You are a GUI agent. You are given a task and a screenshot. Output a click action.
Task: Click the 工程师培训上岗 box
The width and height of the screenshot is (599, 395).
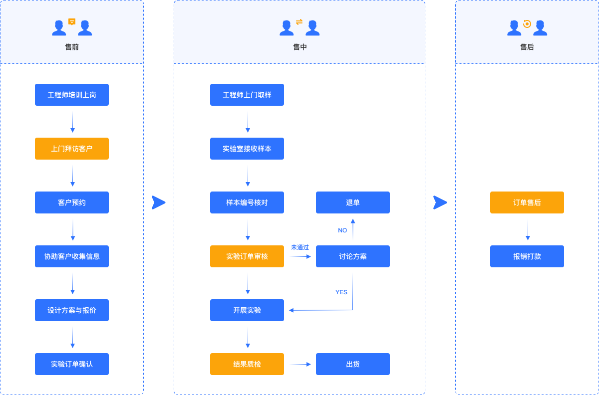pos(72,95)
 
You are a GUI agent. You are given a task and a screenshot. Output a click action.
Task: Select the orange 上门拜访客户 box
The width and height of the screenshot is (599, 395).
pos(72,149)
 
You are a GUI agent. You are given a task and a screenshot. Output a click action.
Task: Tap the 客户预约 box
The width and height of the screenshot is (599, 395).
pos(72,202)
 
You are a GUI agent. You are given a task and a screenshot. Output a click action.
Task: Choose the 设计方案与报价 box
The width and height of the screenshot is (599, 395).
pos(72,310)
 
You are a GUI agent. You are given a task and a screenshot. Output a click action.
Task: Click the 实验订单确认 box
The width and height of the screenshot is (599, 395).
pos(72,364)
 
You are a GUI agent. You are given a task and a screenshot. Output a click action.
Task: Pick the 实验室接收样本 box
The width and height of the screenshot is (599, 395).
pos(247,149)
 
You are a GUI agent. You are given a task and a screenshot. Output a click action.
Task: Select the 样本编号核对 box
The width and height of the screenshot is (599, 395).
pos(247,202)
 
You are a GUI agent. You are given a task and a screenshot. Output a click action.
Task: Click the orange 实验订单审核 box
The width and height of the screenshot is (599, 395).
pos(247,256)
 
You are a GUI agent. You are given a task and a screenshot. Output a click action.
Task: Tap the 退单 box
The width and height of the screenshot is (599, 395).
pos(353,202)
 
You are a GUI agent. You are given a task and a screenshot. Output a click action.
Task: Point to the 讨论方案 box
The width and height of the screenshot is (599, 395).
pos(353,256)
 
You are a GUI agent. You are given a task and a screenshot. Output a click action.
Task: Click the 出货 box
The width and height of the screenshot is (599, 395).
pos(353,364)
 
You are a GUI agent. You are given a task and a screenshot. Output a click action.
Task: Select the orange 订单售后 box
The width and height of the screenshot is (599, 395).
pos(527,202)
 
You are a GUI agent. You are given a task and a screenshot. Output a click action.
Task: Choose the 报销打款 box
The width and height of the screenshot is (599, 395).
pos(527,256)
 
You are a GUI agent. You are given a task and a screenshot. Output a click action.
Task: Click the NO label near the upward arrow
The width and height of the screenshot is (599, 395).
pos(342,230)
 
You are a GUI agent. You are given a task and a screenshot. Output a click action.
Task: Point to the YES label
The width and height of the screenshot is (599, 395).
pos(341,292)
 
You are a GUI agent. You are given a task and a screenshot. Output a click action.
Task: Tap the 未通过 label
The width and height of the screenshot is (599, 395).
pos(300,247)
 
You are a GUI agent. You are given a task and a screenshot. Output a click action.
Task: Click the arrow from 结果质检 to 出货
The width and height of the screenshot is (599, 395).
pos(300,364)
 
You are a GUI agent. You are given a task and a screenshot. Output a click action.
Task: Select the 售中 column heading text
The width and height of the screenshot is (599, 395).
pos(300,47)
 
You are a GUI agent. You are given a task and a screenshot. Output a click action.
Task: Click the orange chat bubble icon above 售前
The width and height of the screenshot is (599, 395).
pos(72,21)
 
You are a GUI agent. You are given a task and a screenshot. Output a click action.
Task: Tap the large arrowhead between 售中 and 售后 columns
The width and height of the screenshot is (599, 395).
pos(440,202)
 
